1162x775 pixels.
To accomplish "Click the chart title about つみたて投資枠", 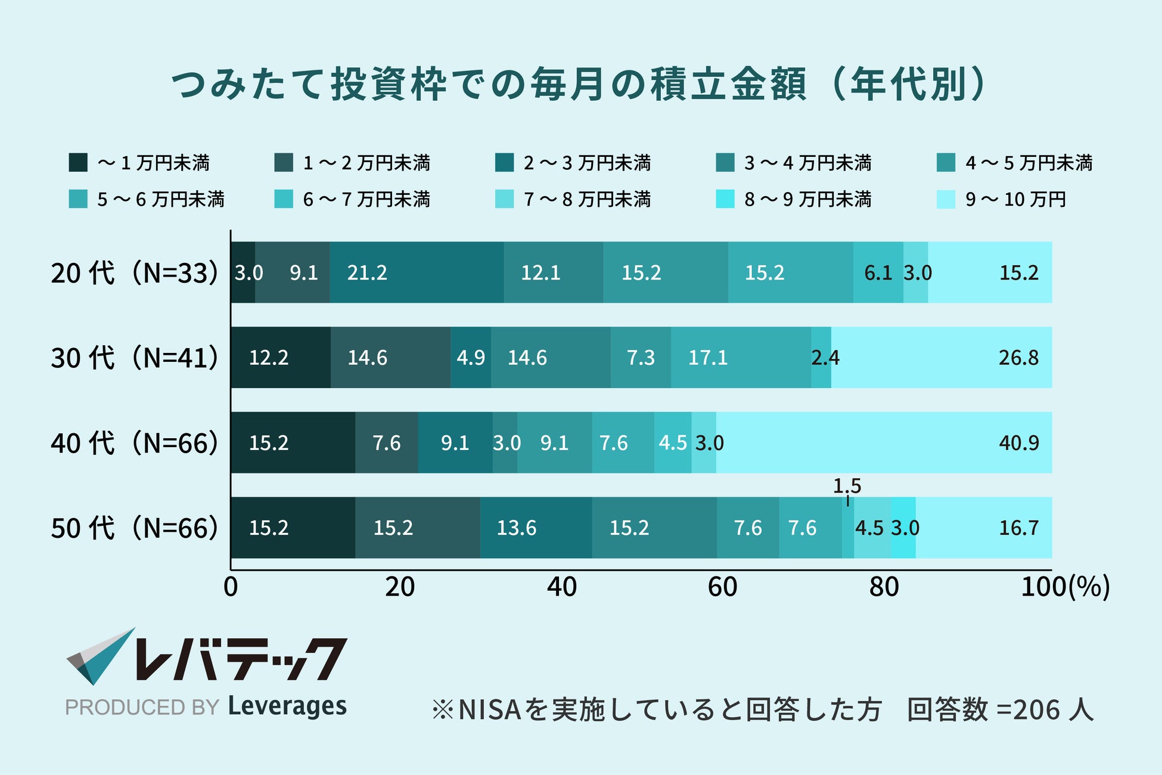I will coord(579,84).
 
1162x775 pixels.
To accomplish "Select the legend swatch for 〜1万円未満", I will coord(78,163).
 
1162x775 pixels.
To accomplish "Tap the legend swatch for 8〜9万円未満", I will coord(725,199).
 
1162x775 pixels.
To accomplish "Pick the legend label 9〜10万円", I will coord(1015,199).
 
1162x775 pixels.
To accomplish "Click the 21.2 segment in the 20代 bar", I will coord(416,272).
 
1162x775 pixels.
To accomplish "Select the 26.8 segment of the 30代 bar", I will coord(941,358).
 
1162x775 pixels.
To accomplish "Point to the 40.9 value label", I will coord(1018,443).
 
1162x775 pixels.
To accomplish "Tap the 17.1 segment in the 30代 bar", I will coord(740,358).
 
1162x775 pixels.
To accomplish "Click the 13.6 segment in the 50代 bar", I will coord(536,528).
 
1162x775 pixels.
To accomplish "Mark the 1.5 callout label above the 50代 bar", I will coord(847,486).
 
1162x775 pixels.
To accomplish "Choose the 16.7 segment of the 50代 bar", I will coord(983,528).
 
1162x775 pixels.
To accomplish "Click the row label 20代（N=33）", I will coord(134,273).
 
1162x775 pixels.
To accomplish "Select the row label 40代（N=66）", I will coord(134,443).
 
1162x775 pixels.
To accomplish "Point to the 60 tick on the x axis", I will coord(722,587).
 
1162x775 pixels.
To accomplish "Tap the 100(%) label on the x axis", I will coord(1065,587).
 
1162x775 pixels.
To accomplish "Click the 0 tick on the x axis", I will coord(231,587).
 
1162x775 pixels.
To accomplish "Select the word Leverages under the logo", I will coord(287,706).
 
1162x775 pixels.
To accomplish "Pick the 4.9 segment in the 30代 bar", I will coord(471,358).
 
